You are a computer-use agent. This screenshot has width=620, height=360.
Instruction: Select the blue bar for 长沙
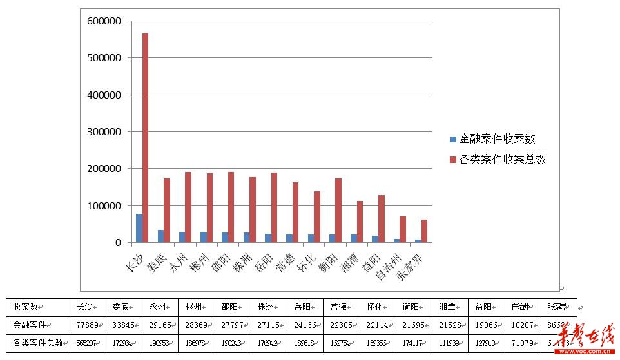coord(139,228)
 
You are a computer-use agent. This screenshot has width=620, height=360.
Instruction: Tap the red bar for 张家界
coord(424,231)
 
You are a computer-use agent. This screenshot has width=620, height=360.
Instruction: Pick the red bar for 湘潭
coord(360,222)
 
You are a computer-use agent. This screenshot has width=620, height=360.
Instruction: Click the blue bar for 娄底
coord(160,236)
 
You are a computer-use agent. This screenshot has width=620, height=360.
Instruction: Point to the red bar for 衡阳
coord(338,211)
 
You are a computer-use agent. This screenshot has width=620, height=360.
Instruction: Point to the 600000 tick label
coord(104,21)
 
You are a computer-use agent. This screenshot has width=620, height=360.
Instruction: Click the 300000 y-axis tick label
coord(104,132)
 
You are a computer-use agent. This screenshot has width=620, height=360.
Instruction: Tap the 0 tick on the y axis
coord(117,243)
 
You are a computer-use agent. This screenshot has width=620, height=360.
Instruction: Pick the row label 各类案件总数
coord(37,343)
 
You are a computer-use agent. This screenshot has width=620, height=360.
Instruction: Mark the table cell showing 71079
coord(521,343)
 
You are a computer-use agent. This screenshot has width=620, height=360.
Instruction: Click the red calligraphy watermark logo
coord(587,339)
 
